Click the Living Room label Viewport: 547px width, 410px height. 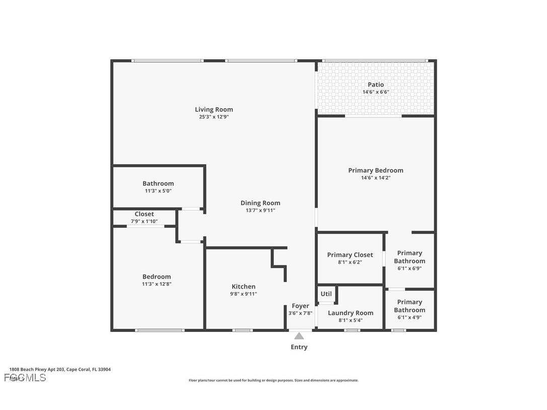(x=214, y=109)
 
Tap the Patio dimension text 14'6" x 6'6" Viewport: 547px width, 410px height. (x=375, y=92)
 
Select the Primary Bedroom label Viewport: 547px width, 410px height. (x=375, y=170)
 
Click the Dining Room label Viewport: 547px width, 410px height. (x=260, y=203)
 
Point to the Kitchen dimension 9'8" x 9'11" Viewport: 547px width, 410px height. (x=243, y=294)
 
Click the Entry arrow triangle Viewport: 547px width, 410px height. (x=299, y=335)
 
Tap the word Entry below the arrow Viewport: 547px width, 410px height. (x=299, y=347)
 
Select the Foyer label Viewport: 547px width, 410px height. (x=300, y=306)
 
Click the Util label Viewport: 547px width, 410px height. (x=326, y=294)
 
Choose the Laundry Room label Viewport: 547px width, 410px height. (x=350, y=313)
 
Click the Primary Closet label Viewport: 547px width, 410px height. (x=350, y=255)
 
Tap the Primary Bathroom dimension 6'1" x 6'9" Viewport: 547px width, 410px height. (x=409, y=268)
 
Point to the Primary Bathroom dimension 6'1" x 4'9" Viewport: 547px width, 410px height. (x=409, y=317)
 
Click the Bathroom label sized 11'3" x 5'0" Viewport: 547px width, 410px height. (x=158, y=183)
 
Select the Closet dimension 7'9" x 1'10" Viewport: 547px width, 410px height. (x=144, y=221)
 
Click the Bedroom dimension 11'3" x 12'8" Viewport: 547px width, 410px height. (x=156, y=284)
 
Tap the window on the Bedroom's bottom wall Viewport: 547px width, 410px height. (x=160, y=330)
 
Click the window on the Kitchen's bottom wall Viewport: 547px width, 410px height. (x=242, y=330)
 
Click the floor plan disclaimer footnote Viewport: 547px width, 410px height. (x=273, y=380)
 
